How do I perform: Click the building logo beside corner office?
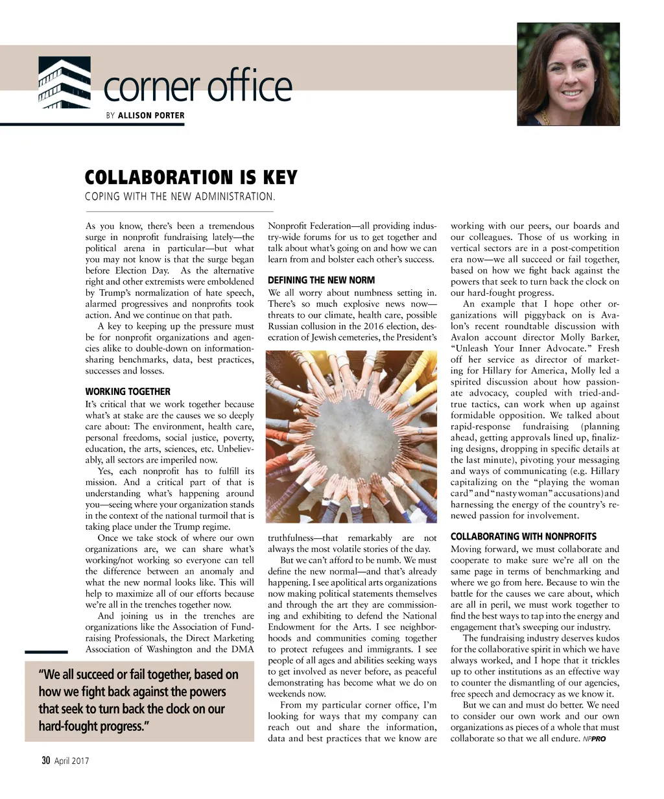tap(64, 83)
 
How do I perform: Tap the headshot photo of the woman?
tap(568, 74)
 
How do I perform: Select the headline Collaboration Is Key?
tap(191, 177)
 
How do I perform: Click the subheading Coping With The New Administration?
tap(181, 197)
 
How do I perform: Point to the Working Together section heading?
tap(128, 392)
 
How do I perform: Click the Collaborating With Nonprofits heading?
tap(523, 536)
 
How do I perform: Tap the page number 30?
tap(46, 761)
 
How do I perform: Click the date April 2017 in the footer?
tap(72, 761)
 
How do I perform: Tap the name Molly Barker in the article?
tap(586, 337)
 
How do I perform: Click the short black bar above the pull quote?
tap(46, 652)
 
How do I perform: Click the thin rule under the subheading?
tap(180, 211)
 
